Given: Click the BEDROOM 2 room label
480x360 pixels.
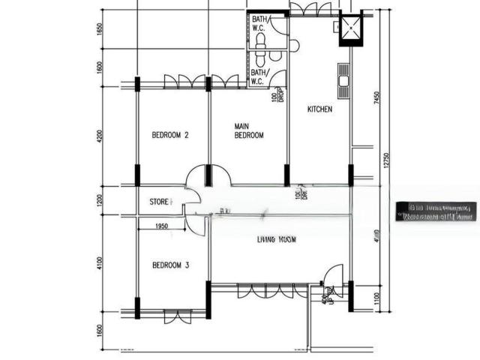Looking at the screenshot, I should [169, 136].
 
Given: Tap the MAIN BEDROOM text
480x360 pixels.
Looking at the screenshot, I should [248, 130].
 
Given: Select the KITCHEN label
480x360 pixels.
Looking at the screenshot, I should [319, 109].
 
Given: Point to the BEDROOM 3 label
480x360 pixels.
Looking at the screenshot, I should [169, 265].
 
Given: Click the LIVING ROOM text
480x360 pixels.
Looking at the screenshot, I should [277, 240].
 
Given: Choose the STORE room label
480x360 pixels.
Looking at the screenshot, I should [160, 202].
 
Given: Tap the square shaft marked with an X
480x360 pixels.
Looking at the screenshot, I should [350, 29].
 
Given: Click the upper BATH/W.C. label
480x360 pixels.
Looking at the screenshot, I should [259, 25].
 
